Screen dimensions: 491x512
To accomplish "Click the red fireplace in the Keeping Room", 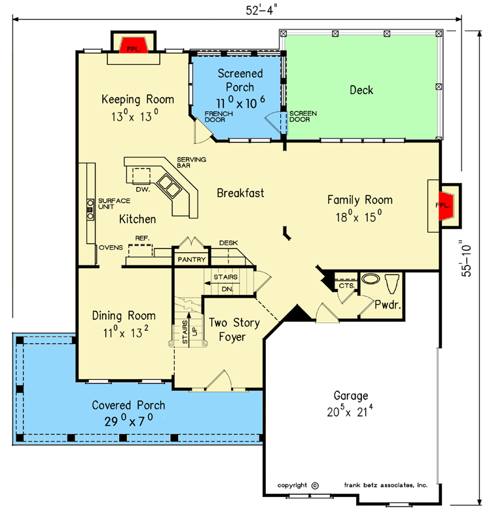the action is (x=134, y=45).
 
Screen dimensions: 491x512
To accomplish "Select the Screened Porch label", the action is (x=240, y=80).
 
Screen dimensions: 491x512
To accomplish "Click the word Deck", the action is (x=361, y=90).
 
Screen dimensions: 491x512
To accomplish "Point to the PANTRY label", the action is (x=192, y=260).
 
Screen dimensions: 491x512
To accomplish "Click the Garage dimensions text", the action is (x=350, y=411).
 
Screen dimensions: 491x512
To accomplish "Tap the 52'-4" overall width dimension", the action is (x=261, y=10).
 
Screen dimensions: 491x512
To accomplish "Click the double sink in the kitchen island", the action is (x=169, y=186).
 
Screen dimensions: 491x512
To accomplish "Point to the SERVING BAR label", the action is (x=191, y=162).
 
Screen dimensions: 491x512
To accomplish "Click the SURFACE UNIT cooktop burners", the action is (x=90, y=209).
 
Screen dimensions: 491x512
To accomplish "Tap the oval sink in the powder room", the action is (x=371, y=279).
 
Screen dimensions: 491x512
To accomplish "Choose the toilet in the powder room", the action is (x=392, y=283).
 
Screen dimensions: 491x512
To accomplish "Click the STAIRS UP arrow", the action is (x=189, y=330).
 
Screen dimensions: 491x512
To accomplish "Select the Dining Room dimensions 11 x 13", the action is (x=126, y=333).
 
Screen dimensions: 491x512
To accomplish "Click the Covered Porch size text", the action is (x=128, y=421).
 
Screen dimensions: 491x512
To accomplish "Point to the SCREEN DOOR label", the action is (x=303, y=116).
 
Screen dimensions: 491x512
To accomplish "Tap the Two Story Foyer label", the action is (x=234, y=330).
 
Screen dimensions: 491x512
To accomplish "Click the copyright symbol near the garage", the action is (x=315, y=486).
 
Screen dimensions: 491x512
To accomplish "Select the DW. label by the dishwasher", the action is (x=143, y=190).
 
